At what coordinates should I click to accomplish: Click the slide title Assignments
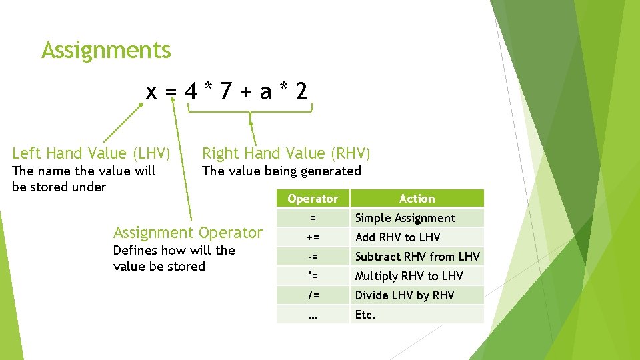[106, 50]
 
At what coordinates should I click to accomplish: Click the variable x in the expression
[152, 91]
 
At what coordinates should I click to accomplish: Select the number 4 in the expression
[191, 91]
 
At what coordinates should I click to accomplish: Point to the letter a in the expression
[265, 92]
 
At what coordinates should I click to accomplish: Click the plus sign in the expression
[246, 93]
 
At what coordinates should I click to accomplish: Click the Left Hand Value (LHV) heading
[91, 153]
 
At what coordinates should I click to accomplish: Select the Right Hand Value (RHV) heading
[286, 153]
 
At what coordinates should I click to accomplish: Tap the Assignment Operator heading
[188, 233]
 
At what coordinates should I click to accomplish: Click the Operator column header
[313, 199]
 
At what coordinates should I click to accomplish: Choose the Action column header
[417, 199]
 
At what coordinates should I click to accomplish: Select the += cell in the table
[313, 237]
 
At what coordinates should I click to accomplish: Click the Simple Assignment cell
[405, 218]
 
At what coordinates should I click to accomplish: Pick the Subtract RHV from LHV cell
[417, 257]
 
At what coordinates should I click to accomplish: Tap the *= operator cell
[313, 276]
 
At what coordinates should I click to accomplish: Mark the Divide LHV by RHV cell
[405, 295]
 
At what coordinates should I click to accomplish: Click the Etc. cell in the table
[366, 315]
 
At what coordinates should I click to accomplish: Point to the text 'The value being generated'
[281, 171]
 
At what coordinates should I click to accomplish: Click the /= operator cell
[313, 295]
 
